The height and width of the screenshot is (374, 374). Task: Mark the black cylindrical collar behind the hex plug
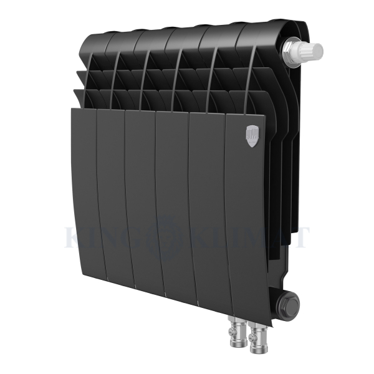277,302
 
